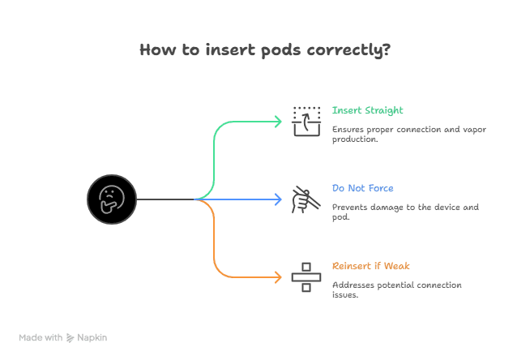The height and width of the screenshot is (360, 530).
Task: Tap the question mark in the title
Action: point(387,49)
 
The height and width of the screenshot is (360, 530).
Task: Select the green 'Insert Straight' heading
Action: point(367,110)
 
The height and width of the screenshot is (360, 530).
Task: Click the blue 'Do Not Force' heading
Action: point(363,188)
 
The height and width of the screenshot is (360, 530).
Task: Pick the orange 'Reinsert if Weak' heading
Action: point(371,266)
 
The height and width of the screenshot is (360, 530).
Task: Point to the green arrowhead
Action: point(278,122)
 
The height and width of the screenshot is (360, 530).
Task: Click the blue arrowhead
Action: point(278,199)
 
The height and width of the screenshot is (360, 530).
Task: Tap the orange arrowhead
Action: point(278,277)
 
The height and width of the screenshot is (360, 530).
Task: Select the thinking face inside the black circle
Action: point(112,199)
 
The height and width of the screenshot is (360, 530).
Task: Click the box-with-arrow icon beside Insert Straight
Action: point(306,122)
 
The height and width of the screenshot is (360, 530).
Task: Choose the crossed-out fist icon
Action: point(306,199)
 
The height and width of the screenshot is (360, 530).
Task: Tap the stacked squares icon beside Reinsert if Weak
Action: point(306,277)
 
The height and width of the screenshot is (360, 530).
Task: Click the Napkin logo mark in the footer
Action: point(70,337)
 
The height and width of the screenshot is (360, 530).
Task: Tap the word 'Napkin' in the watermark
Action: point(92,337)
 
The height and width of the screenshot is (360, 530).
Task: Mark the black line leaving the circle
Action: point(165,199)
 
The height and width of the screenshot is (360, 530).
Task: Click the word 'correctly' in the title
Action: point(344,51)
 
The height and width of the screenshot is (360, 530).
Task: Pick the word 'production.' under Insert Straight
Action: point(355,139)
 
